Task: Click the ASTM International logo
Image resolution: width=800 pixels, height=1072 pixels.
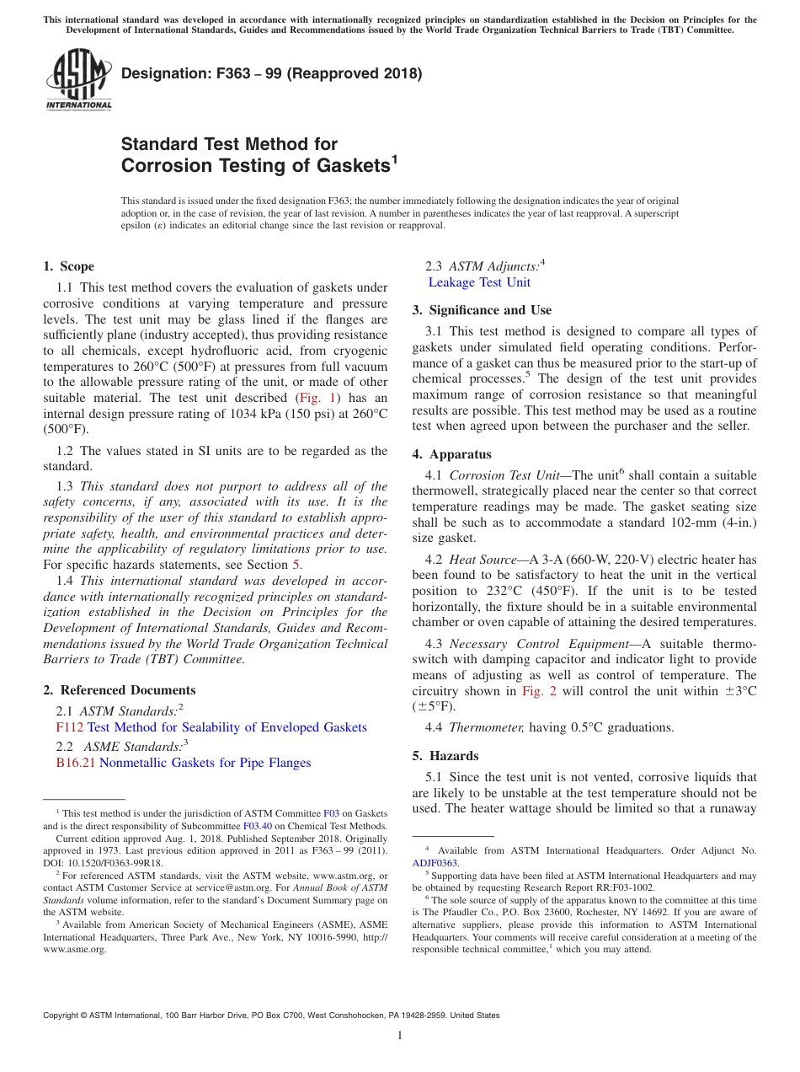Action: tap(78, 81)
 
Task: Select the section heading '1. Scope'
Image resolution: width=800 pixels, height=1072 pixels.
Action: tap(68, 266)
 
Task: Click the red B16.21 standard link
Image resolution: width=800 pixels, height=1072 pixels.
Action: tap(76, 763)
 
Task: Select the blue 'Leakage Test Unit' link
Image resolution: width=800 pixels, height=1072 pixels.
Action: tap(479, 282)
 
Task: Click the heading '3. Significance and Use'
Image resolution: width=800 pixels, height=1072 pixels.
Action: tap(482, 310)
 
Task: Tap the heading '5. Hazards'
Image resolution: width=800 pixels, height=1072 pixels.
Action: tap(445, 756)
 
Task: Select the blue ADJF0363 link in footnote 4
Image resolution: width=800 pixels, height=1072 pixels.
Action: tap(435, 863)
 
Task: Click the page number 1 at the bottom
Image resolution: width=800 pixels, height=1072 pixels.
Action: tap(400, 1036)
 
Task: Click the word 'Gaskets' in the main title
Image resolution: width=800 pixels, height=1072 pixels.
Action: tap(353, 166)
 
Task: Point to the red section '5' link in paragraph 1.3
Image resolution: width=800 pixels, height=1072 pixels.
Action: tap(296, 565)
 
